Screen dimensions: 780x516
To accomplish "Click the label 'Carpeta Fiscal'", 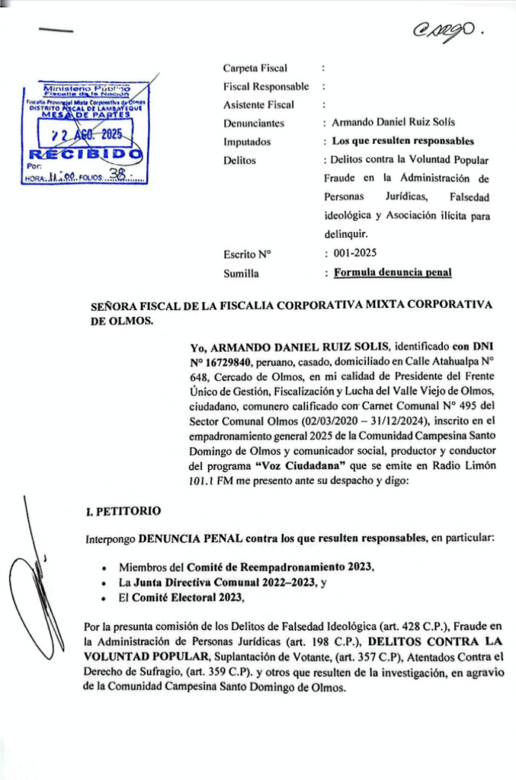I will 255,69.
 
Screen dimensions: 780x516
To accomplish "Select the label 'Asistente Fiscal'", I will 258,105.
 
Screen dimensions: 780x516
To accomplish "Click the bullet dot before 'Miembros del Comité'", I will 103,568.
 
